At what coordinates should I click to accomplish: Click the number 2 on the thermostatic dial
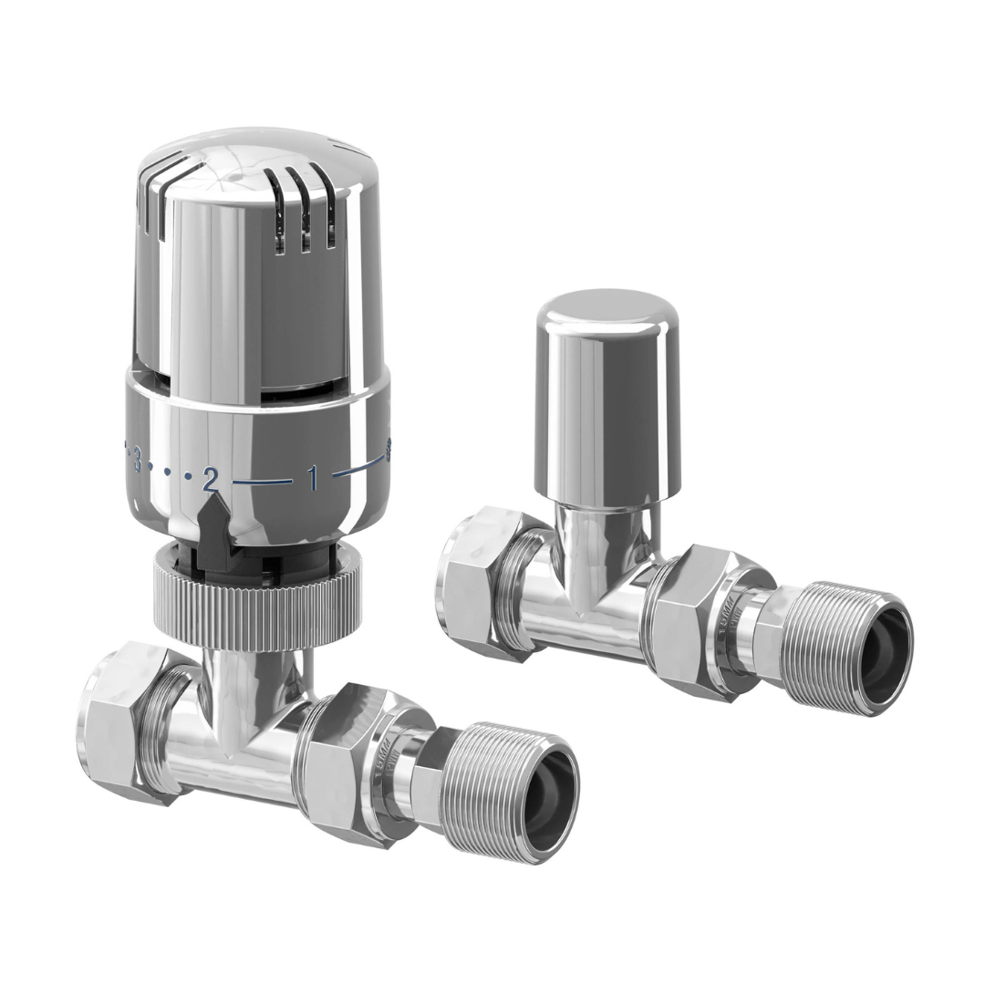point(211,479)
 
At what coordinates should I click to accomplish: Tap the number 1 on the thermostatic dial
point(313,477)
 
